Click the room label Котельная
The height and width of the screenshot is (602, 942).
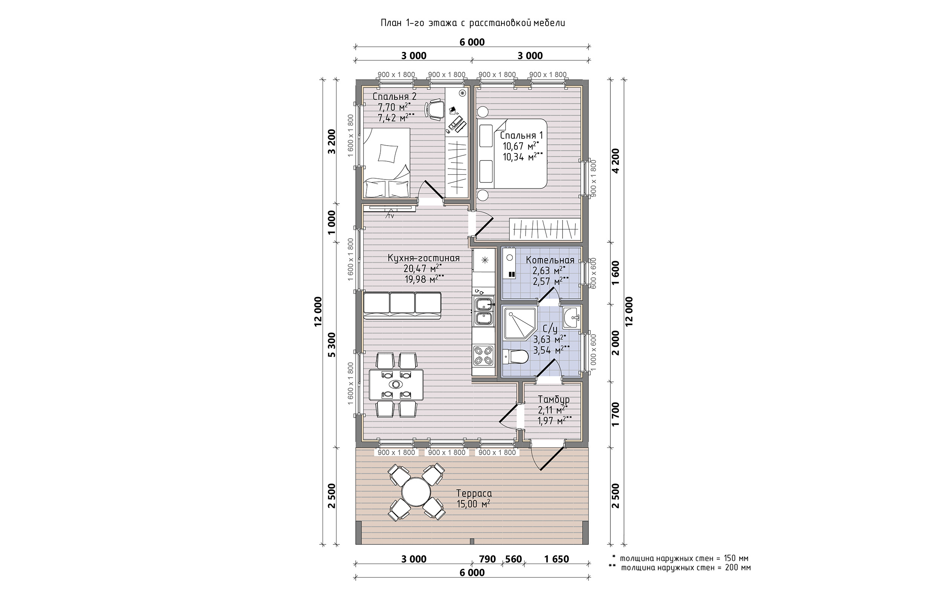[x=550, y=260]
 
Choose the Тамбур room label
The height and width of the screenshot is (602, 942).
[x=554, y=400]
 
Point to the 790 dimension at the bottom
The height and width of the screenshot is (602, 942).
[x=487, y=559]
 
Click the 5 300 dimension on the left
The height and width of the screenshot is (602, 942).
[x=332, y=344]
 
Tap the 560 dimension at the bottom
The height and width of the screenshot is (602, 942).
[x=514, y=559]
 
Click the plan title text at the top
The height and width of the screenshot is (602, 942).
[x=473, y=23]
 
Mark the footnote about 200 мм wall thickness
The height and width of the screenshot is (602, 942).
[x=680, y=568]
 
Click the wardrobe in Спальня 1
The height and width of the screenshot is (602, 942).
[x=545, y=229]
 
